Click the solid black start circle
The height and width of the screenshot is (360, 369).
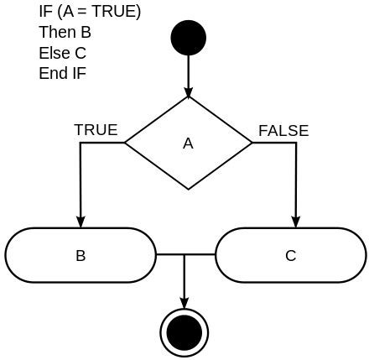[x=188, y=38]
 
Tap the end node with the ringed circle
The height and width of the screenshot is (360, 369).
[x=184, y=332]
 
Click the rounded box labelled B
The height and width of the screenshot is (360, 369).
[x=81, y=255]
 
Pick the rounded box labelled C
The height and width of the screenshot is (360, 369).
[x=291, y=255]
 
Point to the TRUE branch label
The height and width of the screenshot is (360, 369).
[x=96, y=130]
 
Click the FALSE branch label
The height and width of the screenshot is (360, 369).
[x=283, y=131]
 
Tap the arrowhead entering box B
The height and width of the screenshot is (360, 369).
[x=81, y=222]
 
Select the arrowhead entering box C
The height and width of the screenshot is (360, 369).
[x=296, y=222]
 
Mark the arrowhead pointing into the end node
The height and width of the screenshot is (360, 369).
[x=184, y=303]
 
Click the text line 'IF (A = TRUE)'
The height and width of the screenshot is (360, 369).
[x=90, y=12]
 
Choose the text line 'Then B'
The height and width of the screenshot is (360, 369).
[x=65, y=33]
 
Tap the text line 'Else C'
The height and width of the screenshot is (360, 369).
[x=62, y=53]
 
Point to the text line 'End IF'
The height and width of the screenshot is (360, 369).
[x=62, y=73]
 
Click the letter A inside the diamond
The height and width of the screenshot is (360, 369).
[x=188, y=143]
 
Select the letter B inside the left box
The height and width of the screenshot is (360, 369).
[x=81, y=255]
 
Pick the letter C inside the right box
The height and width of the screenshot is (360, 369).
[x=291, y=255]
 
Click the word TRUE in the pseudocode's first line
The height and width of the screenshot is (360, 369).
[x=116, y=12]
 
